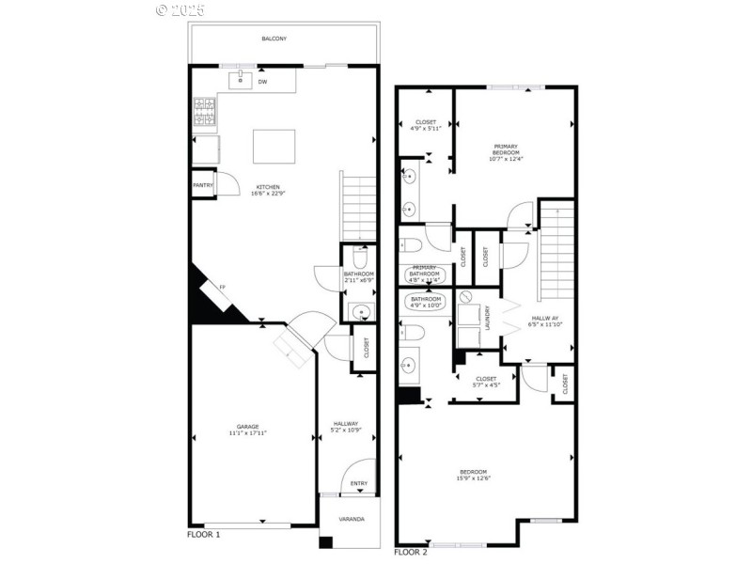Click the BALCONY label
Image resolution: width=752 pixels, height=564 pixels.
click(x=274, y=39)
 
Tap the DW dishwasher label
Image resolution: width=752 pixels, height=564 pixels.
click(x=262, y=82)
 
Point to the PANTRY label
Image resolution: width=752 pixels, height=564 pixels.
click(x=202, y=185)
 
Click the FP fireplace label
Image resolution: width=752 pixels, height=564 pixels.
click(x=222, y=287)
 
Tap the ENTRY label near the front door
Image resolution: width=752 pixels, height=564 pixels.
click(x=359, y=484)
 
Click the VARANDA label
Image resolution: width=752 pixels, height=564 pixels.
click(x=352, y=519)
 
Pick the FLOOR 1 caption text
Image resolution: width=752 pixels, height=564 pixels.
click(x=204, y=535)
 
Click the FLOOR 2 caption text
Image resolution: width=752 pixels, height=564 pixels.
click(x=411, y=552)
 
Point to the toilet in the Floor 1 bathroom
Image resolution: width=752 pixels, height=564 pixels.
click(x=359, y=257)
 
